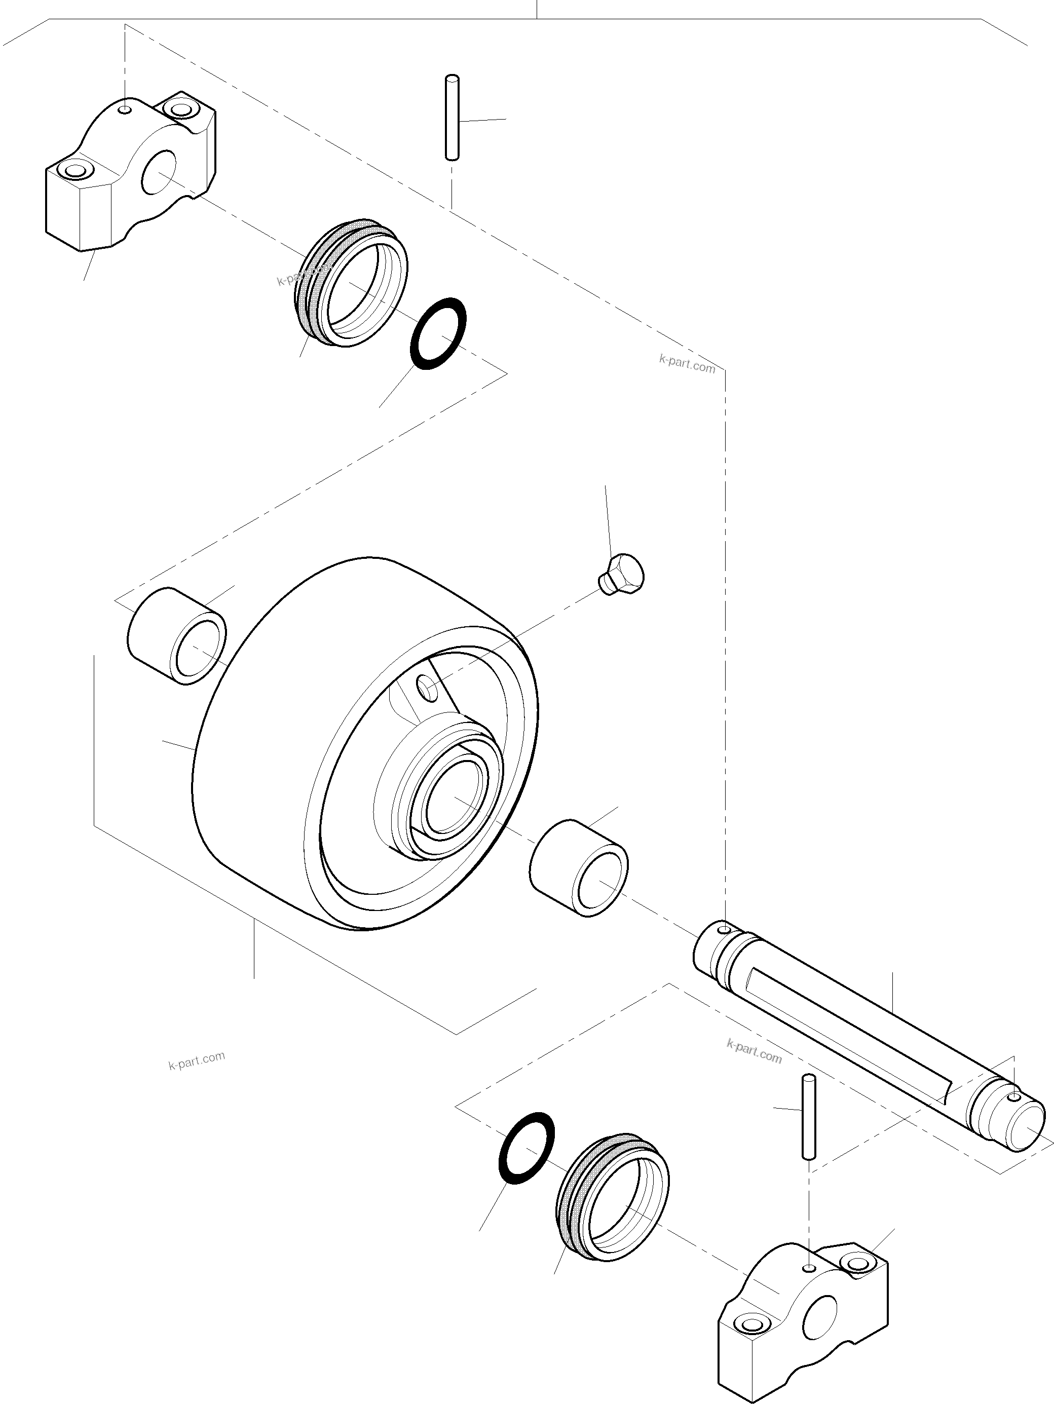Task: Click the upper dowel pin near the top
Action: [x=452, y=118]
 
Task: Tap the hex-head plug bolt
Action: [x=622, y=575]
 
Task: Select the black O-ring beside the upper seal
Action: [x=438, y=333]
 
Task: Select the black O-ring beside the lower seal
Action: [x=526, y=1148]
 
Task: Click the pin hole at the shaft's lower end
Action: [x=1014, y=1097]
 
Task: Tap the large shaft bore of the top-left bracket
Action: [x=159, y=173]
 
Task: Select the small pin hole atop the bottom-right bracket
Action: [x=809, y=1269]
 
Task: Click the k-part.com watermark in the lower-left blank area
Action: [x=197, y=1060]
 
